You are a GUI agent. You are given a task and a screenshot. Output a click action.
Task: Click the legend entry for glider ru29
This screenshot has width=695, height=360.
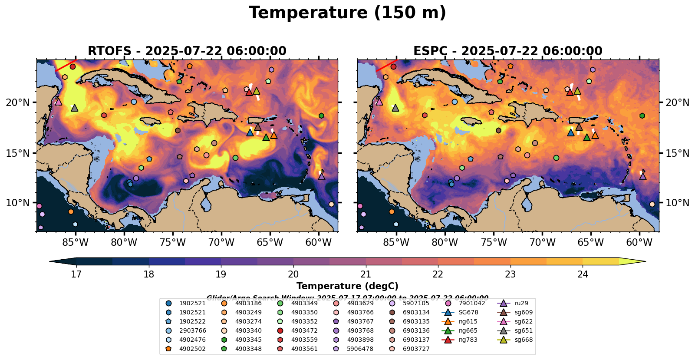pyautogui.click(x=514, y=304)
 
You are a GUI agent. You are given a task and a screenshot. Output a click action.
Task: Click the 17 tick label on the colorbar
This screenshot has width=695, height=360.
pyautogui.click(x=76, y=274)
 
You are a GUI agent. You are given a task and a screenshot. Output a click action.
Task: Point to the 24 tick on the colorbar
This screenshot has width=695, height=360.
pyautogui.click(x=583, y=274)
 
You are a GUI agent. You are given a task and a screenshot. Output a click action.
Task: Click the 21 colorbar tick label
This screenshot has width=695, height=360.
pyautogui.click(x=366, y=274)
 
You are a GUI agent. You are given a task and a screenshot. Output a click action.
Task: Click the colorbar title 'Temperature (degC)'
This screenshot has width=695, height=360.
pyautogui.click(x=347, y=286)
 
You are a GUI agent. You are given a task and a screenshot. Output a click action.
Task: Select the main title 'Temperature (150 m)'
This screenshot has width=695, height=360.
pyautogui.click(x=347, y=13)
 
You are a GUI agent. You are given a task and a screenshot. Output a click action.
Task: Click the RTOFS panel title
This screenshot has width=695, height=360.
pyautogui.click(x=187, y=51)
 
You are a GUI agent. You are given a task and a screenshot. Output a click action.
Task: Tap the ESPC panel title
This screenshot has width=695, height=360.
pyautogui.click(x=508, y=51)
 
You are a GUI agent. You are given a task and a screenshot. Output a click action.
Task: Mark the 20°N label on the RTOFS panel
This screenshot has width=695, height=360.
pyautogui.click(x=18, y=102)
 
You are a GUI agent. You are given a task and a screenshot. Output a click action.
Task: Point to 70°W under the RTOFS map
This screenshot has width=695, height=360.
pyautogui.click(x=221, y=242)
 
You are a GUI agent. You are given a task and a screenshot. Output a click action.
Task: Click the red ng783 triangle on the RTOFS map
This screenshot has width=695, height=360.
pyautogui.click(x=249, y=92)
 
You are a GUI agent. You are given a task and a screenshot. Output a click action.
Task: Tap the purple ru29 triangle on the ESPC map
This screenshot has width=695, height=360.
pyautogui.click(x=643, y=176)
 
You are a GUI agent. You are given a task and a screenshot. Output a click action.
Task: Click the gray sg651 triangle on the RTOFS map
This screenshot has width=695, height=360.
pyautogui.click(x=75, y=108)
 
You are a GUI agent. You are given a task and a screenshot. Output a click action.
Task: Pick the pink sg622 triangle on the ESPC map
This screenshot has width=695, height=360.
pyautogui.click(x=379, y=102)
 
